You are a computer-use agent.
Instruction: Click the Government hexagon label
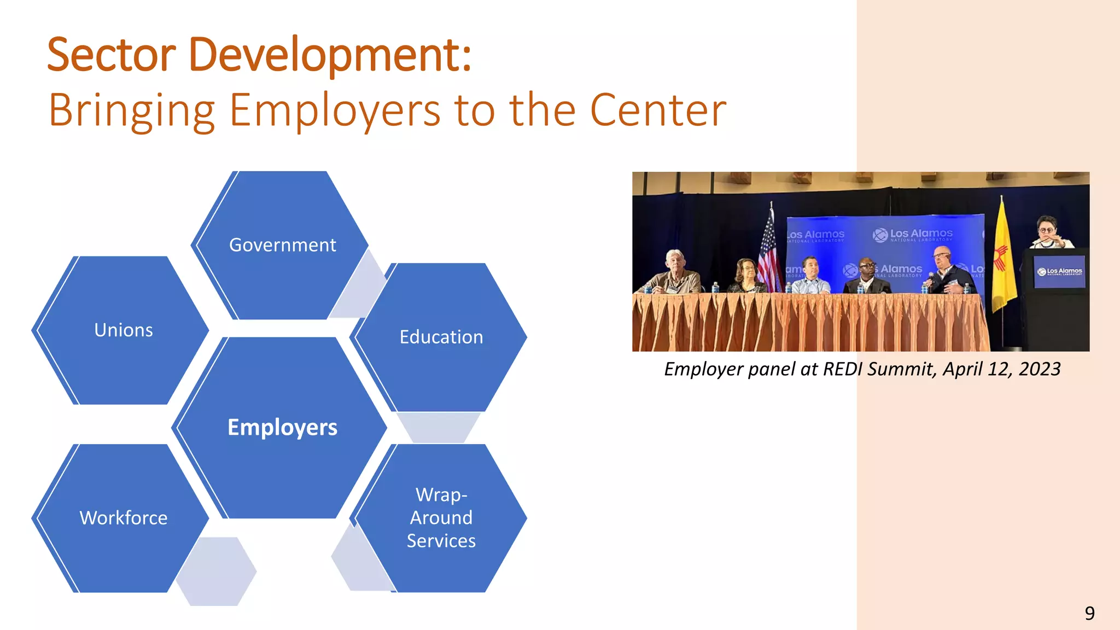pos(282,245)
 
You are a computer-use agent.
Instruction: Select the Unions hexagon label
pos(124,330)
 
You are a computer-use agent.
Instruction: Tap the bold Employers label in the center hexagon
pos(282,427)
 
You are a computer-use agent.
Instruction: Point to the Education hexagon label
pos(441,337)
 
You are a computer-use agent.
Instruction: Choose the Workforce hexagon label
pos(124,518)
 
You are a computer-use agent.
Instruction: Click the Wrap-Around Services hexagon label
pos(441,518)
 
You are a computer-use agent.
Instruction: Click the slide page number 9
pos(1089,613)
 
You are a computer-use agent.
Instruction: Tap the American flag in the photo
pos(769,252)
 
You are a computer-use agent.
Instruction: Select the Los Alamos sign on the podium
pos(1060,271)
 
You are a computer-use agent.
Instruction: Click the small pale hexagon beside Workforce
pos(216,571)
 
